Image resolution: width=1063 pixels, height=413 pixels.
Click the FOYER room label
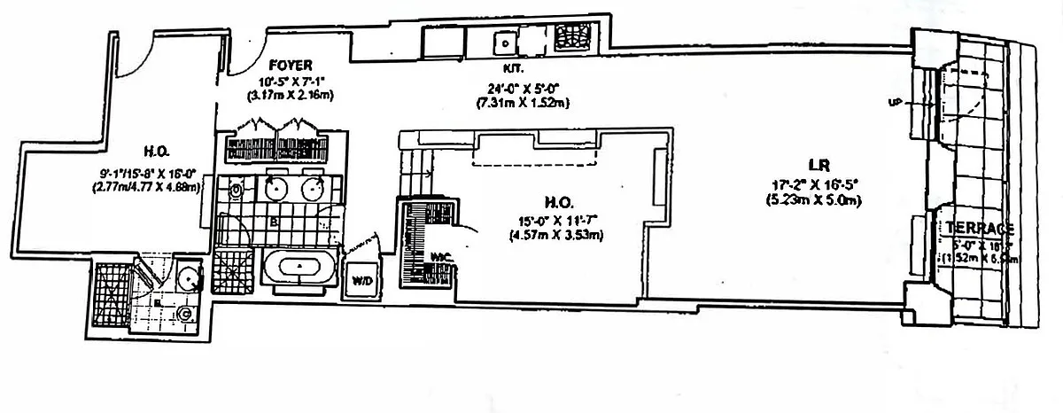(291, 65)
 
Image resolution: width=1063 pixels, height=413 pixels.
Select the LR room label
(817, 164)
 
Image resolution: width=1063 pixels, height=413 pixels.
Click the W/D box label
(363, 281)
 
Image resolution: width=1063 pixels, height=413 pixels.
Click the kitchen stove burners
(572, 39)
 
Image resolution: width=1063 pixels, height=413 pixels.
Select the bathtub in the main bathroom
(299, 268)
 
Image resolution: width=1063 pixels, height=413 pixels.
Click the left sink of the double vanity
(275, 188)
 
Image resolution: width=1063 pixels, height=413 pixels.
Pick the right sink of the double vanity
(312, 188)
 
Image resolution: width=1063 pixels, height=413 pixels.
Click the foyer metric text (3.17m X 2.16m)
(291, 94)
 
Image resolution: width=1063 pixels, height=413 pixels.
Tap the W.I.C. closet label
(442, 257)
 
